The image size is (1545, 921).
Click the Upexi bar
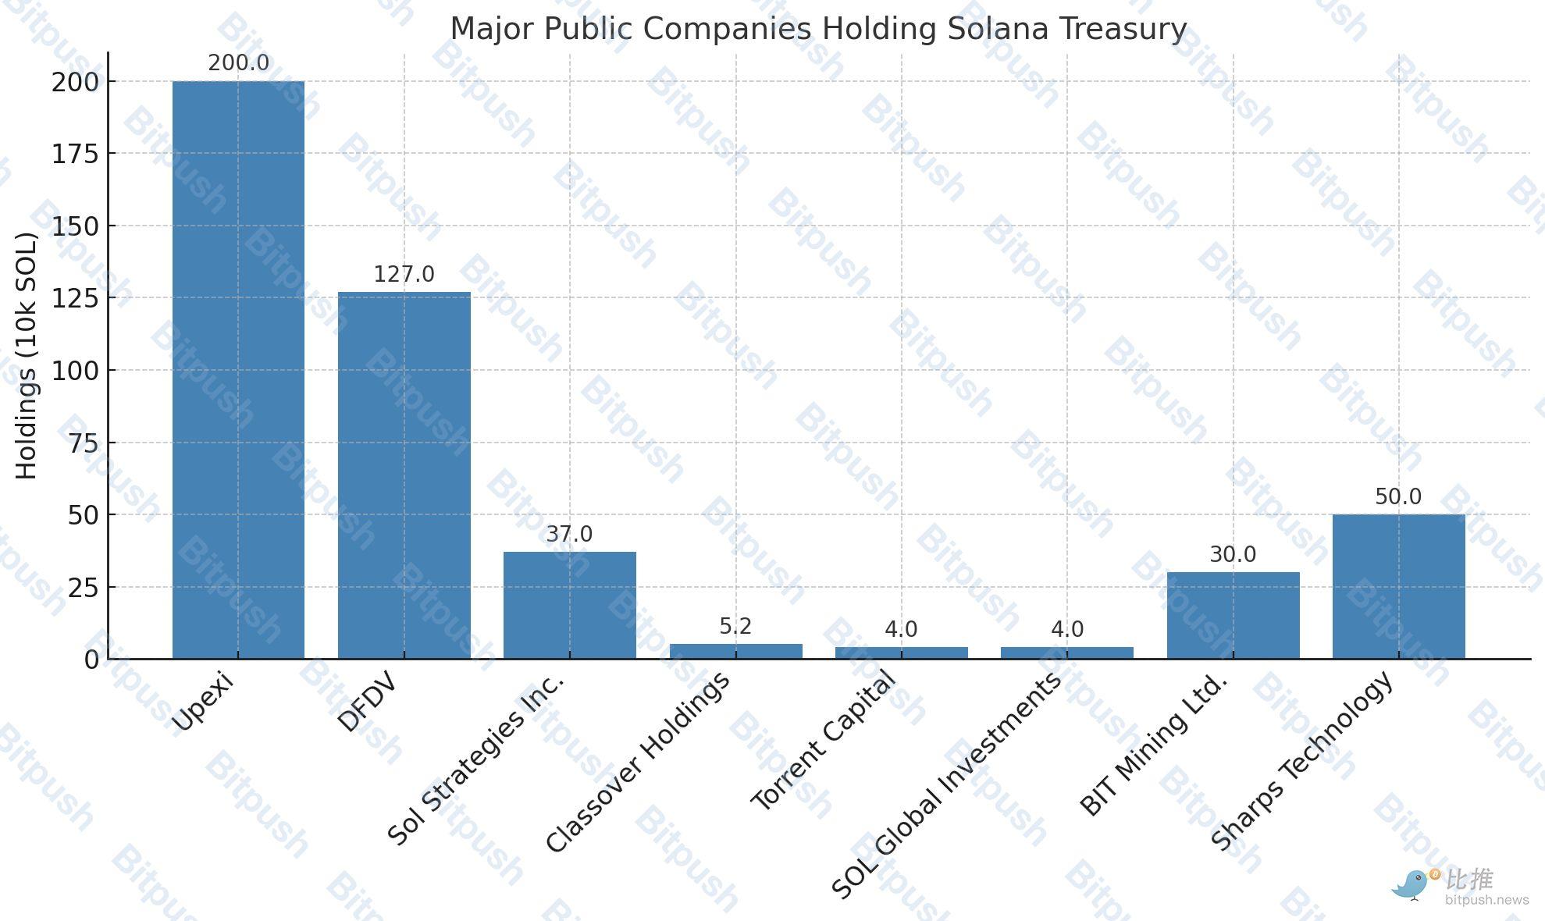pyautogui.click(x=238, y=370)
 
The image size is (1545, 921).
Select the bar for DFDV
pyautogui.click(x=404, y=475)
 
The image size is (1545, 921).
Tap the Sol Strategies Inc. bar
pyautogui.click(x=569, y=605)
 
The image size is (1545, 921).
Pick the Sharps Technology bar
pyautogui.click(x=1398, y=586)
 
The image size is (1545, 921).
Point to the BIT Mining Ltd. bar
pyautogui.click(x=1233, y=615)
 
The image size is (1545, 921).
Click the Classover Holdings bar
pyautogui.click(x=735, y=651)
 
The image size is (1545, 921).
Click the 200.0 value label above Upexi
pyautogui.click(x=238, y=63)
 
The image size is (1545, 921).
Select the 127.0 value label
pyautogui.click(x=404, y=275)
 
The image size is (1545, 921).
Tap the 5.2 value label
pyautogui.click(x=735, y=627)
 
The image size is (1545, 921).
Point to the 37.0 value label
pyautogui.click(x=569, y=535)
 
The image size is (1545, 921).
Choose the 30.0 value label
pyautogui.click(x=1233, y=555)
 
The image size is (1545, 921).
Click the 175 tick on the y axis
pyautogui.click(x=76, y=155)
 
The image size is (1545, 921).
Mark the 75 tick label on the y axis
pyautogui.click(x=84, y=443)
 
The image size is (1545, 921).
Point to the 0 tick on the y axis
pyautogui.click(x=92, y=660)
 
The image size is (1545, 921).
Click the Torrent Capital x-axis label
pyautogui.click(x=824, y=741)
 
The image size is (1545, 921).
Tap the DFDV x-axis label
pyautogui.click(x=367, y=702)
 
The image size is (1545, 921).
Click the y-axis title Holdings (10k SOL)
pyautogui.click(x=27, y=356)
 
